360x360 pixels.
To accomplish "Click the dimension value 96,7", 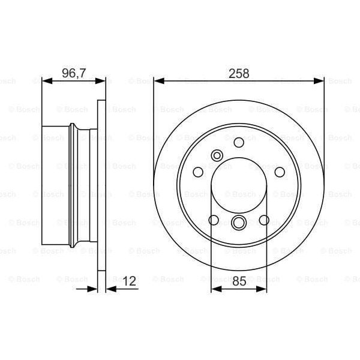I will [x=74, y=74].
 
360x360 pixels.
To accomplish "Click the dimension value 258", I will [x=239, y=74].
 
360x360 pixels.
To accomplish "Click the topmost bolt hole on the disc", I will [x=239, y=142].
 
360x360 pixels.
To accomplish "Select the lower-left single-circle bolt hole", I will [x=213, y=220].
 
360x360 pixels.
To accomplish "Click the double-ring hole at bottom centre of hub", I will [x=239, y=223].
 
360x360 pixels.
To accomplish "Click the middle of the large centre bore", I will [x=239, y=185].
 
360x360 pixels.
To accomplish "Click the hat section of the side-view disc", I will [x=57, y=185].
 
